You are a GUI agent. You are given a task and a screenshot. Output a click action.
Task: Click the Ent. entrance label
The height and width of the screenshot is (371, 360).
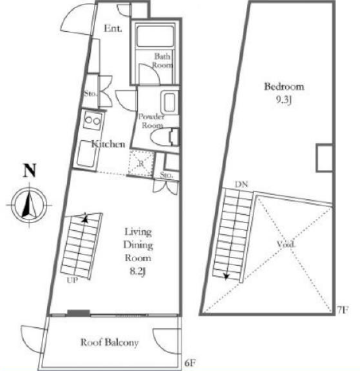point(113,28)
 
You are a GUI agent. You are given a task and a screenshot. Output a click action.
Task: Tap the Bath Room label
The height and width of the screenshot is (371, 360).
point(162,61)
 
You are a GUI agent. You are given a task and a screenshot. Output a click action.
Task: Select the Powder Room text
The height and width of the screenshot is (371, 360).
point(151,121)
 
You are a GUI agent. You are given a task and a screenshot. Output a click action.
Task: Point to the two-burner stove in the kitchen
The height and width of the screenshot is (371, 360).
point(93,120)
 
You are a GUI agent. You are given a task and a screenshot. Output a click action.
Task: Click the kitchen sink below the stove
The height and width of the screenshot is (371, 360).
point(86,153)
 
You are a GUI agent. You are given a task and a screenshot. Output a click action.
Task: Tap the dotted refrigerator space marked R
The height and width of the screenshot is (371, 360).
point(141,163)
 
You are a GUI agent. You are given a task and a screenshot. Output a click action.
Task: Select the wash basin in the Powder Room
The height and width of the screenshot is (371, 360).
point(170,103)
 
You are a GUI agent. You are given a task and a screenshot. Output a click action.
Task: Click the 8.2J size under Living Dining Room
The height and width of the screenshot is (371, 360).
point(138,271)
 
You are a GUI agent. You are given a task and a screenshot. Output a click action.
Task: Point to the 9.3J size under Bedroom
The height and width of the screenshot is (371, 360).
point(284,100)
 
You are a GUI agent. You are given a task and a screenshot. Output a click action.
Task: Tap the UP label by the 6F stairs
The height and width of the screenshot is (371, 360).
point(72,280)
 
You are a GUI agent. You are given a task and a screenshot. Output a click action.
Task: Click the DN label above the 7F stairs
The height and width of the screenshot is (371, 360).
point(241,184)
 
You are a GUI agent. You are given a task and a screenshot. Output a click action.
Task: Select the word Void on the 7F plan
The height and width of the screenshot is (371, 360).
point(286,244)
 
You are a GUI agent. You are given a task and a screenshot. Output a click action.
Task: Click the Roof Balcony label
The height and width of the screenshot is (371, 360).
point(109,342)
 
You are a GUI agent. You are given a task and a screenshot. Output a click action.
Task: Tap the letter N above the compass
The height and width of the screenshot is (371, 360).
point(29,170)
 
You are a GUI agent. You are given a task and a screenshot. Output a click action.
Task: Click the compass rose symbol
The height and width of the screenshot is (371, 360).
point(29,205)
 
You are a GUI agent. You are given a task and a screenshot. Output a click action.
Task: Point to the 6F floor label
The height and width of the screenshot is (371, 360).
point(190,363)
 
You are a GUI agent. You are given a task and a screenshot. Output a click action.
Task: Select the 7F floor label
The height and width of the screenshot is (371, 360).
point(342,310)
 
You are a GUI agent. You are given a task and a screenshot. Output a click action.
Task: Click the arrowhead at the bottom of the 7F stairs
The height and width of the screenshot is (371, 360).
point(226,277)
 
